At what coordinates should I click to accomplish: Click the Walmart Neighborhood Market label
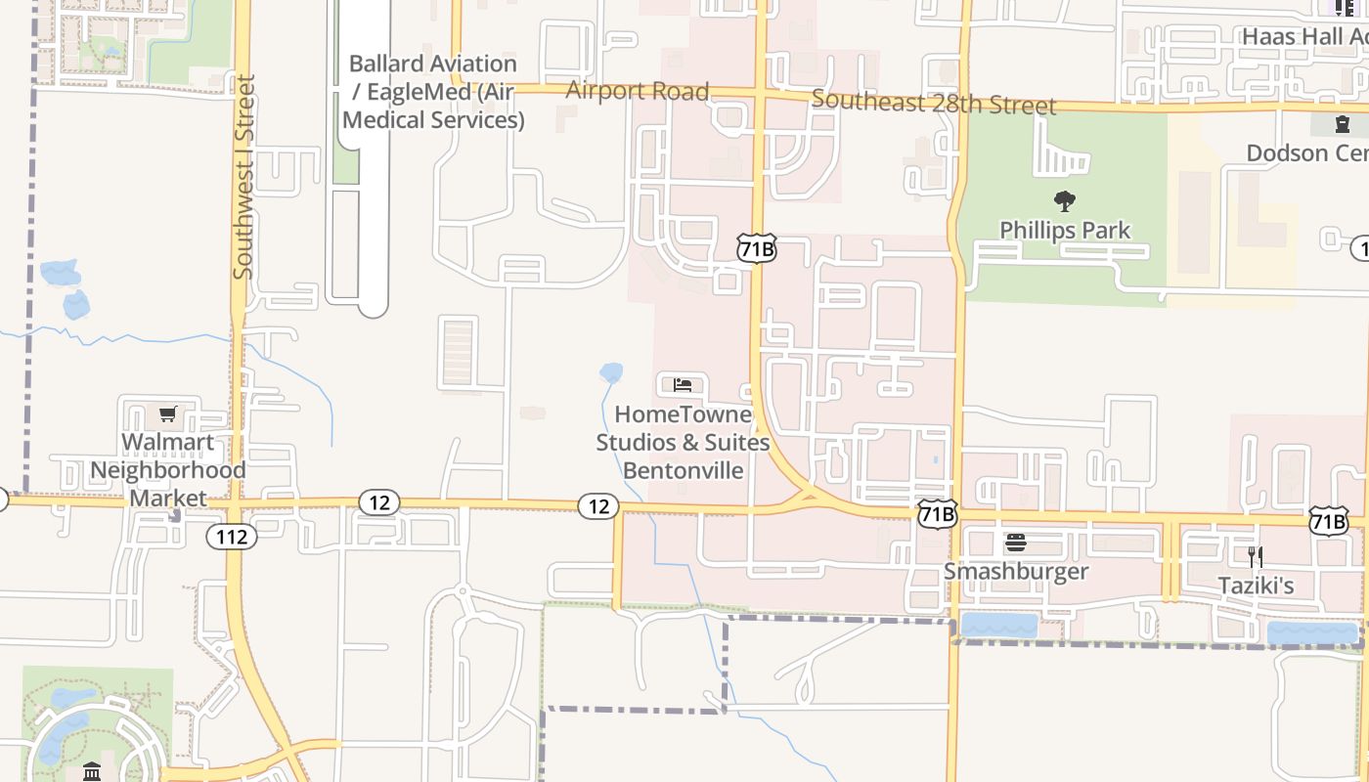click(168, 470)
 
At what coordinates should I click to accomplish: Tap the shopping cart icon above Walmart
click(168, 414)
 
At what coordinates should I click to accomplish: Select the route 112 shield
click(232, 536)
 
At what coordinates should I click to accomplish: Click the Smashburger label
click(1015, 571)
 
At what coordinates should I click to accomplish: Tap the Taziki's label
click(1256, 586)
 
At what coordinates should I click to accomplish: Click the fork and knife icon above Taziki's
click(1256, 557)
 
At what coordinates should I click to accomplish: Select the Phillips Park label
click(1065, 231)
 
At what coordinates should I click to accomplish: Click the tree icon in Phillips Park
click(1065, 202)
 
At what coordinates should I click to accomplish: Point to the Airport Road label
click(638, 91)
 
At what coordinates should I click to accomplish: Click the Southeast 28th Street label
click(934, 103)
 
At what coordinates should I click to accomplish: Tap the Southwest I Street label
click(244, 176)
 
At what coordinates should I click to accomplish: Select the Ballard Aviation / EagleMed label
click(433, 92)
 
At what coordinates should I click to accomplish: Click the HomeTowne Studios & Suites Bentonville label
click(684, 442)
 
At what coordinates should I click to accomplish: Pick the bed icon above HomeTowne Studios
click(683, 385)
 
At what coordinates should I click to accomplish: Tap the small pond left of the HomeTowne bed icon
click(611, 372)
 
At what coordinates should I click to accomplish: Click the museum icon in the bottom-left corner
click(92, 772)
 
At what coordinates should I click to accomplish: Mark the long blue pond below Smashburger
click(998, 625)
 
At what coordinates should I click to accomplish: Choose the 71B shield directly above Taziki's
click(1328, 521)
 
